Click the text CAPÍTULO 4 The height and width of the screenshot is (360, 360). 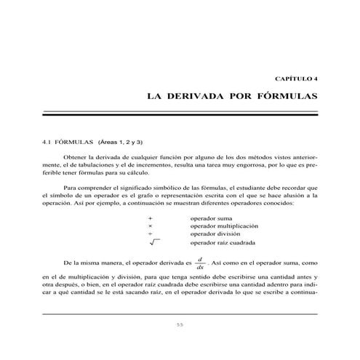click(x=295, y=76)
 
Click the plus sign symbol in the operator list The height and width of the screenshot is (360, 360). click(x=150, y=217)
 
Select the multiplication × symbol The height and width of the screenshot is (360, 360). click(x=150, y=225)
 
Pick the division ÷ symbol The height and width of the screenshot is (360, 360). click(x=150, y=233)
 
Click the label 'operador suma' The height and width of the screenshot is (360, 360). click(x=212, y=217)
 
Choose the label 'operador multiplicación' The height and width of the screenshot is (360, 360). click(x=224, y=225)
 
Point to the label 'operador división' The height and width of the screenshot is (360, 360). click(x=216, y=233)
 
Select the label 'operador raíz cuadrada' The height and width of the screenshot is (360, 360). click(x=226, y=244)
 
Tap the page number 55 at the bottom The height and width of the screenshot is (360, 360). click(x=180, y=324)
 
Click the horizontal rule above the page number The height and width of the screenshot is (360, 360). click(x=180, y=313)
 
